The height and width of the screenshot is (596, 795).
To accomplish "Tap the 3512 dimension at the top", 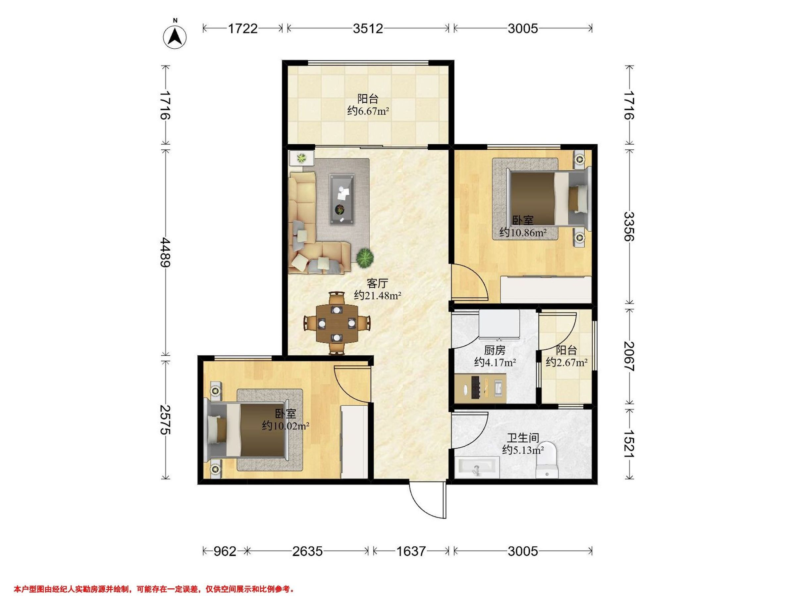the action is pos(368,28).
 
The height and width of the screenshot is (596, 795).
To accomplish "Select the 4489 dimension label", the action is pos(166,252).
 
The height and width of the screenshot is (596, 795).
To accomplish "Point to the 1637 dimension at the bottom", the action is pos(411,551).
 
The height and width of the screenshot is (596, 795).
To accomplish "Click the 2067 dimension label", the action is pos(629,356).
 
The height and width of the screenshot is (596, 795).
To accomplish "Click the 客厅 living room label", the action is pos(377,283).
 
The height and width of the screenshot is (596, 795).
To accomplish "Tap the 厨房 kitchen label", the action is pos(495,350).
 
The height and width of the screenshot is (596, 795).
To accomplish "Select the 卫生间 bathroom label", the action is pos(523,438).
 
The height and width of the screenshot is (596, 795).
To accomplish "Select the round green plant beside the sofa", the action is pos(365,258).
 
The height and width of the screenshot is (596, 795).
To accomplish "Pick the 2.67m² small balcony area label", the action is pos(567,362).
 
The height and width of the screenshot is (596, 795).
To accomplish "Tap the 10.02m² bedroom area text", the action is pos(286,426).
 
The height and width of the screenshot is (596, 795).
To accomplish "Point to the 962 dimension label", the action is pos(225,551).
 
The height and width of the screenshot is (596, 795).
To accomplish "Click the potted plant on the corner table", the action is pos(301,157).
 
